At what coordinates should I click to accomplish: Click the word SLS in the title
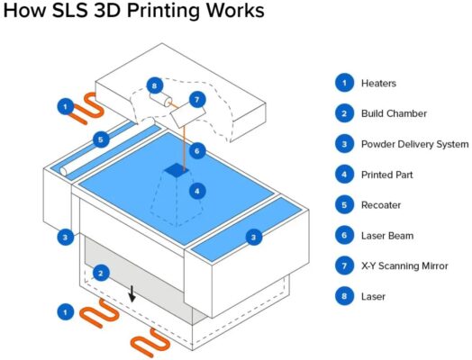pos(69,11)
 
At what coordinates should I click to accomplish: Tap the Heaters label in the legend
pos(378,83)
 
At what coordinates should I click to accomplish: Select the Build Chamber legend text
pos(394,113)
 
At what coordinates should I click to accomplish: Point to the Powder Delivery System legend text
pos(415,144)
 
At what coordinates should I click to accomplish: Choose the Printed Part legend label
pos(387,175)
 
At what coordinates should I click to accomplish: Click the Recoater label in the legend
pos(381,205)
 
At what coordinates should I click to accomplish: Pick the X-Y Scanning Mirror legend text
pos(404,265)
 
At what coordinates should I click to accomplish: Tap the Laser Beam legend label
pos(387,236)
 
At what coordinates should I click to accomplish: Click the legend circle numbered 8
pos(344,296)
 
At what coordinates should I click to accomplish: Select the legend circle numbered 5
pos(344,205)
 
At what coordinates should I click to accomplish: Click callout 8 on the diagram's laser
pos(155,86)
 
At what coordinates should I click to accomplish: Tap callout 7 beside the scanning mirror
pos(197,99)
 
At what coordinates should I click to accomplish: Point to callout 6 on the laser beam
pos(197,150)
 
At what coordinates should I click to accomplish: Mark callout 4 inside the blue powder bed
pos(197,191)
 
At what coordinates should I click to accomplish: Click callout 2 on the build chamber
pos(101,273)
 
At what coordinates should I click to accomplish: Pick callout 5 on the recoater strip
pos(101,139)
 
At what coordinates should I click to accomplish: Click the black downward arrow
pos(132,293)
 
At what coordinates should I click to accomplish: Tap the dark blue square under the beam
pos(177,170)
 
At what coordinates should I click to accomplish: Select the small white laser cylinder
pos(161,99)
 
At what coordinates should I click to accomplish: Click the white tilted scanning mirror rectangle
pos(188,115)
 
